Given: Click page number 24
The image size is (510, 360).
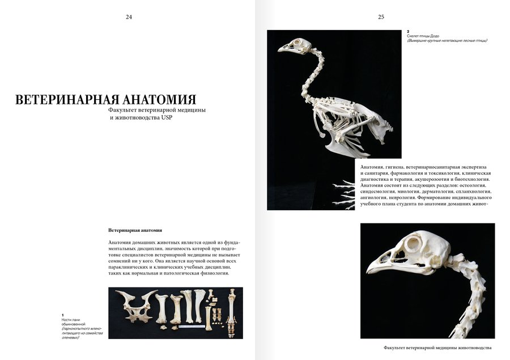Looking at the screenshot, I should [x=129, y=17].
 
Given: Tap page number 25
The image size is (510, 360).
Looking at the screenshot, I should [x=381, y=17].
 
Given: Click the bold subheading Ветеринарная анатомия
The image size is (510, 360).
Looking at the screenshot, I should [x=135, y=230].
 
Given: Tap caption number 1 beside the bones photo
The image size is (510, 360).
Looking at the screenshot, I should [x=63, y=314].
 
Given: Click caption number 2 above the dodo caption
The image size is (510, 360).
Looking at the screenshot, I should [x=409, y=31].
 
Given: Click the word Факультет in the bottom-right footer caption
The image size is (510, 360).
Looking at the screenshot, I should [x=397, y=348].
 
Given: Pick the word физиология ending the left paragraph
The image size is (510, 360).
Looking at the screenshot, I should [x=213, y=273].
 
